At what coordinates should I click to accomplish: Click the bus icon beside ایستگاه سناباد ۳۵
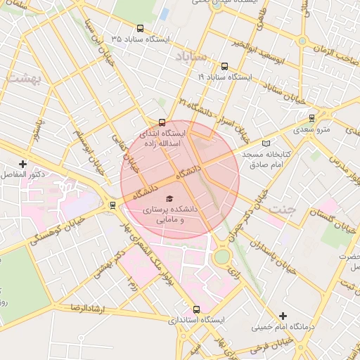click(141, 29)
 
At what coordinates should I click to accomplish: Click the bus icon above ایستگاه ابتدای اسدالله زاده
click(163, 121)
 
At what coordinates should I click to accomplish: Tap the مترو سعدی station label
click(311, 129)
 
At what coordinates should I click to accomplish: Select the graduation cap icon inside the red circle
click(168, 198)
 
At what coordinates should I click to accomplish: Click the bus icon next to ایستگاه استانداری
click(196, 309)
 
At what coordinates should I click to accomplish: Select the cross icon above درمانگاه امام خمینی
click(283, 316)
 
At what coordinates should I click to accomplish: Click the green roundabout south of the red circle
click(222, 257)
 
